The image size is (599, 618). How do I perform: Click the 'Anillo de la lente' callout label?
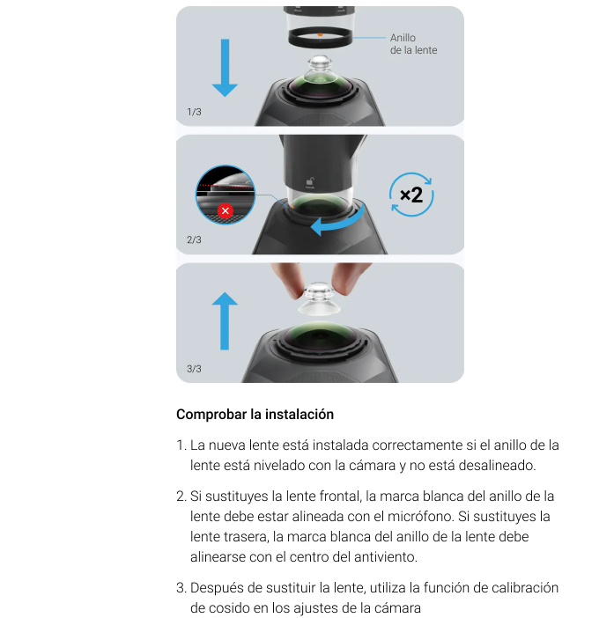[x=413, y=44]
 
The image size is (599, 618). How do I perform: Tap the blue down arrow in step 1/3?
[x=225, y=68]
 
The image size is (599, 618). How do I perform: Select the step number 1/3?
[x=194, y=112]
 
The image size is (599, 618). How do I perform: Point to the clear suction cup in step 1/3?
[x=320, y=70]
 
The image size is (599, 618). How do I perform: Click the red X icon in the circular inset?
[x=226, y=211]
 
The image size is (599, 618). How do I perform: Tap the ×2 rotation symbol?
[x=411, y=195]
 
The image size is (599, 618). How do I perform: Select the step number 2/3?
[x=194, y=239]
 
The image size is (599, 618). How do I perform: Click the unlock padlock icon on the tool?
[x=310, y=181]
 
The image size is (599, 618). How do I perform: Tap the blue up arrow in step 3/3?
[x=225, y=320]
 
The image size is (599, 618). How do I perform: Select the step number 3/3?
[x=194, y=369]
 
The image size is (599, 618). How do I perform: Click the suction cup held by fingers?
[x=319, y=298]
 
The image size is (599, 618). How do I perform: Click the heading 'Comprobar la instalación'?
[x=255, y=415]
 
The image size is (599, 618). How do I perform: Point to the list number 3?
[x=181, y=588]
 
